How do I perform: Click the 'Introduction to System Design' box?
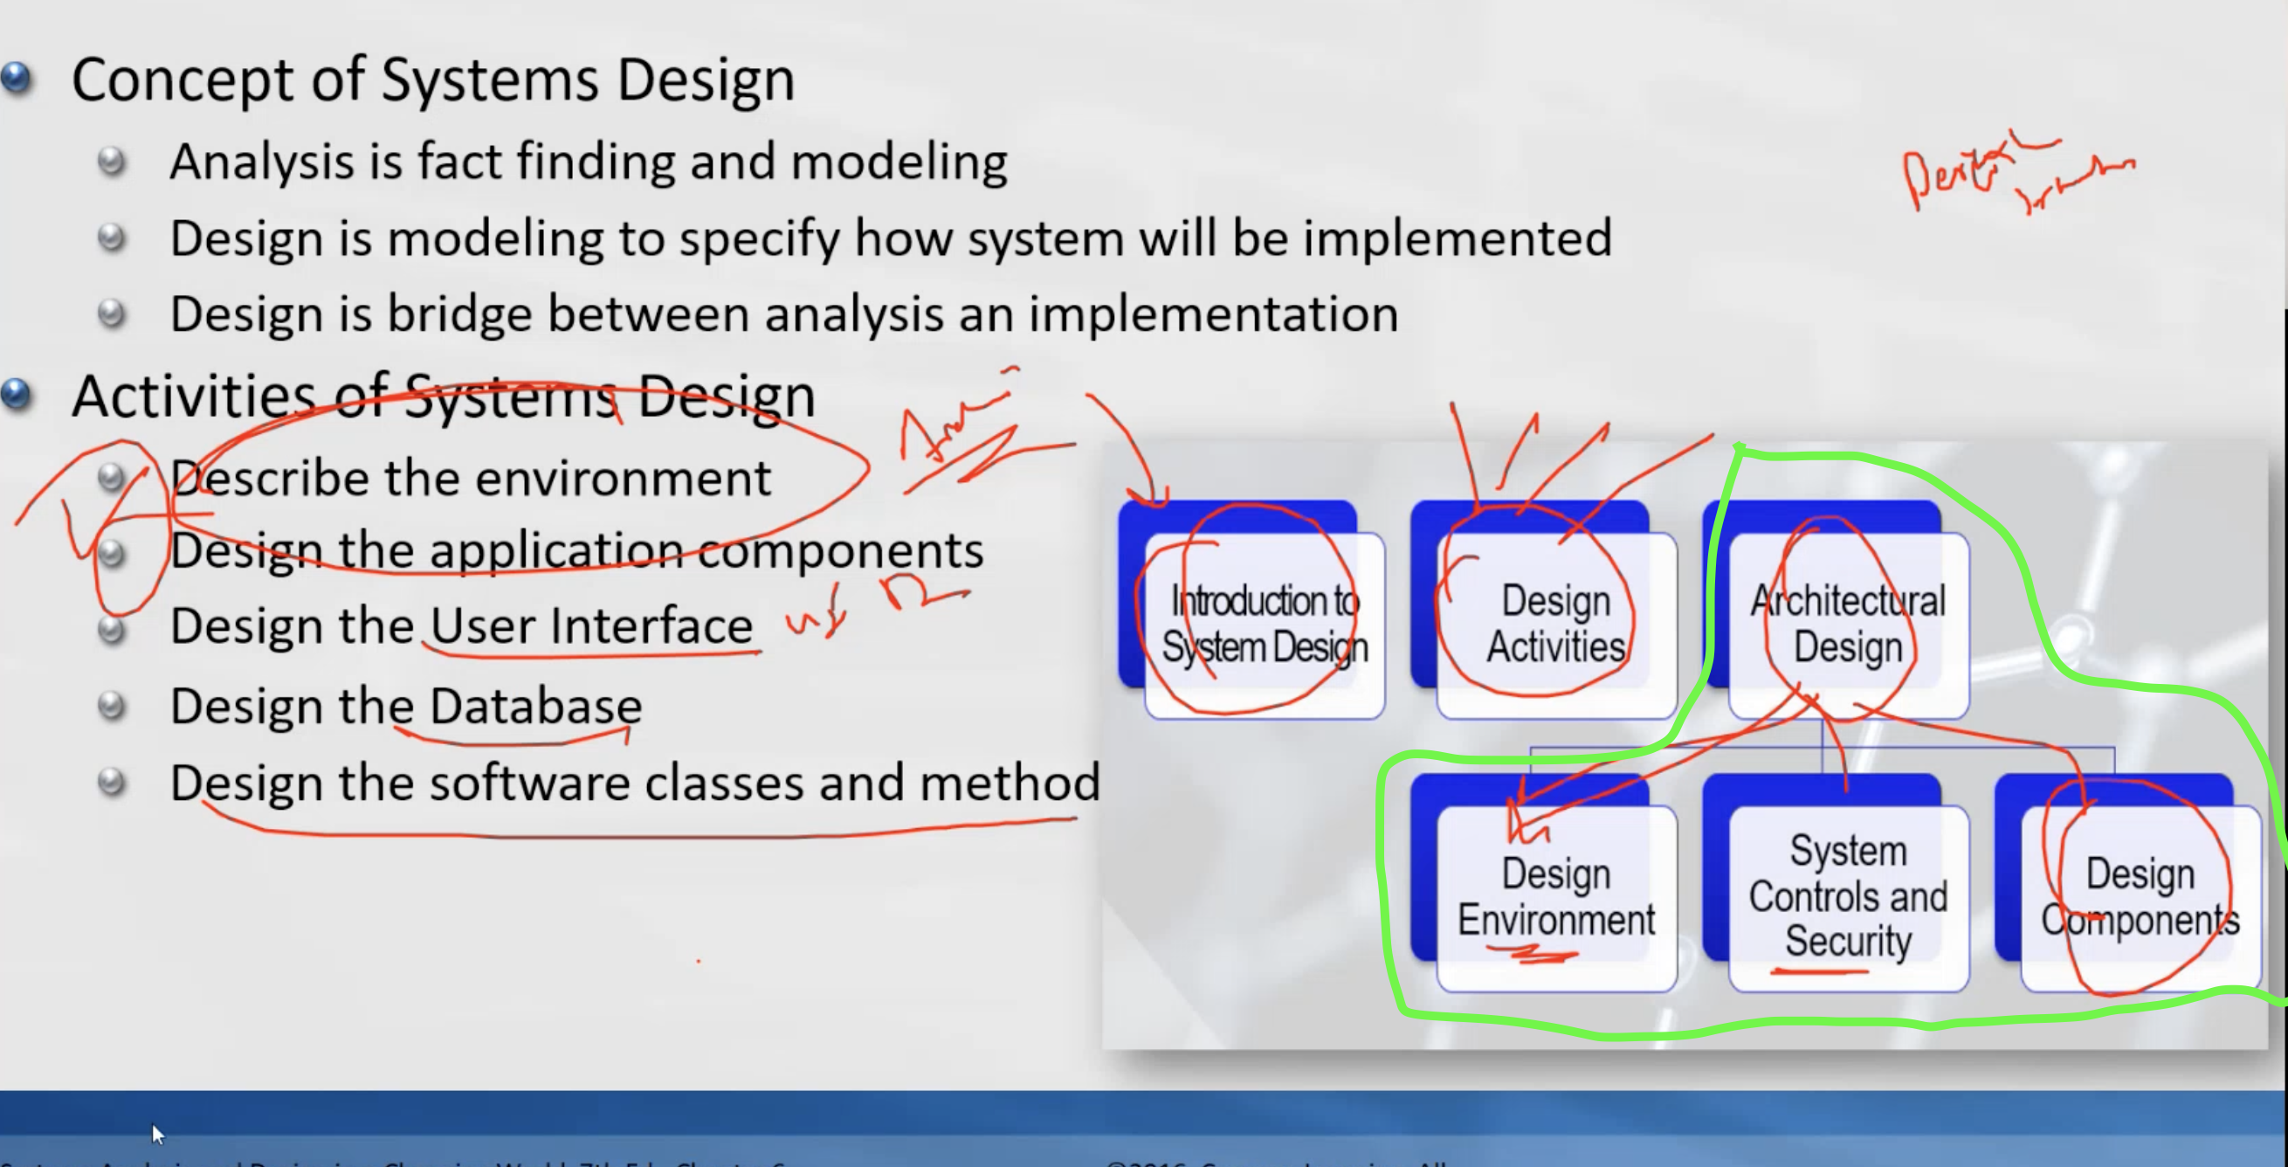1264,625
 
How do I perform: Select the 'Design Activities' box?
1555,625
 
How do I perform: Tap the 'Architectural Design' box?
1848,625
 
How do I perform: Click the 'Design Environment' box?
1555,897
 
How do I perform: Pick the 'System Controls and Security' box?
1848,897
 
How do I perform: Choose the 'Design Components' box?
2140,897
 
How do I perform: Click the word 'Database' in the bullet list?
535,707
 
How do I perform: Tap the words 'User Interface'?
591,626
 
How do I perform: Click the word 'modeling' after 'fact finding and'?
899,162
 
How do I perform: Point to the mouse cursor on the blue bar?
157,1133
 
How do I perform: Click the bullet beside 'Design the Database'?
112,706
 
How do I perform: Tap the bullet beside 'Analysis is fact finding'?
112,162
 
